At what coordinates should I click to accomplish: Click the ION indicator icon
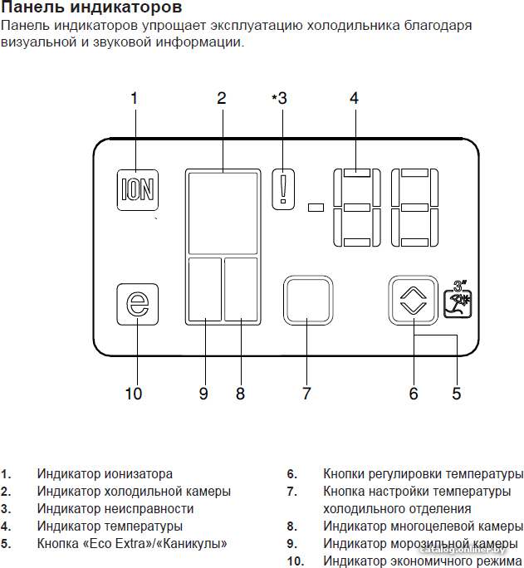click(x=138, y=190)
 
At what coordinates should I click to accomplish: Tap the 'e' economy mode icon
click(x=138, y=304)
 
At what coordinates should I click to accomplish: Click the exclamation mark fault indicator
click(x=283, y=189)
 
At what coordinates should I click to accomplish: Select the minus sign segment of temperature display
click(x=316, y=208)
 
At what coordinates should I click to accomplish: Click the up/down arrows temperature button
click(x=414, y=301)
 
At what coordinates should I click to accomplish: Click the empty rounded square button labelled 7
click(x=308, y=301)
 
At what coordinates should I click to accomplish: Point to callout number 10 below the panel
click(x=134, y=394)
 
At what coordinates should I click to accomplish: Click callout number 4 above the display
click(x=354, y=98)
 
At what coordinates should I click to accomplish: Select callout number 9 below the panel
click(x=203, y=394)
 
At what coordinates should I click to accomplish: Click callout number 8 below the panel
click(x=240, y=394)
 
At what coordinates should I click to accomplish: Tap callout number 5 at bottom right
click(x=456, y=394)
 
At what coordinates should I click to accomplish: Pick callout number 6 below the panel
click(x=414, y=394)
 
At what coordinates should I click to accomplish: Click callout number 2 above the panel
click(x=222, y=98)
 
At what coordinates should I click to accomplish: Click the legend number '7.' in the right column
click(x=291, y=492)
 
